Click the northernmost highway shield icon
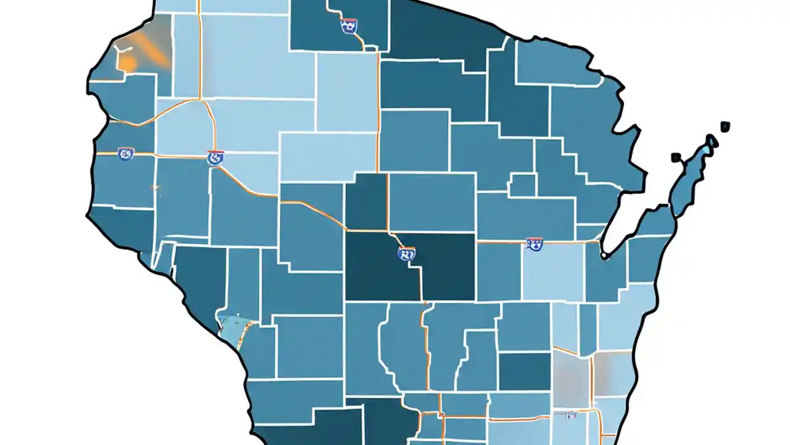coord(348,26)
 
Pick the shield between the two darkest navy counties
coord(407,253)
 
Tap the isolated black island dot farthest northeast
coord(725,127)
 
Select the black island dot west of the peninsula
coord(676,157)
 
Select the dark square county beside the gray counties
coord(524,371)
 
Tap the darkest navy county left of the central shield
coord(373,266)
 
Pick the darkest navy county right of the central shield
coord(447,266)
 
